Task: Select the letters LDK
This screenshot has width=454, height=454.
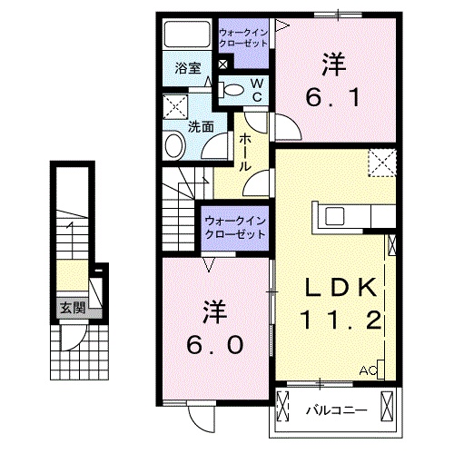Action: (339, 289)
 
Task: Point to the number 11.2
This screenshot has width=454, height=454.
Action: (339, 321)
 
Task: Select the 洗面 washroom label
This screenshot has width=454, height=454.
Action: (201, 129)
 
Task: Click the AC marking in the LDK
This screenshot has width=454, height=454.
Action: (368, 371)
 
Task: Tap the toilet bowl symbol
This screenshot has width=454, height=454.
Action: (232, 89)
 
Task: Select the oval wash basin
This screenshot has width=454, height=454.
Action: (173, 143)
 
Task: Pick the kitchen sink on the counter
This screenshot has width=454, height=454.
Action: (332, 216)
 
